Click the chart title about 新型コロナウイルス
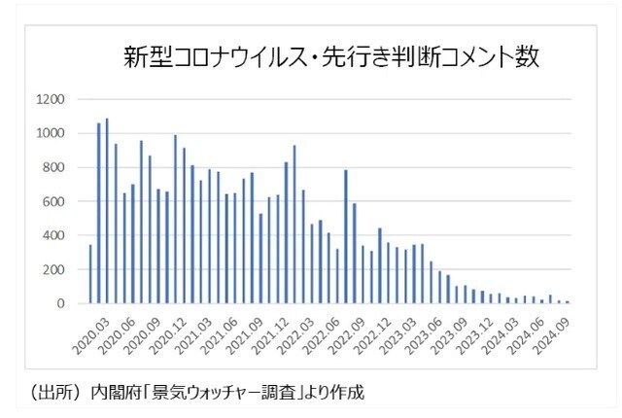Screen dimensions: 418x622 (330, 55)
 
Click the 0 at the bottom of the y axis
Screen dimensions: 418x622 (60, 304)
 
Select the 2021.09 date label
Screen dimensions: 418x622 (230, 332)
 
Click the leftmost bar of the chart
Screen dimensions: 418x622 (90, 274)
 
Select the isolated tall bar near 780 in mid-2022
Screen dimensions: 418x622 (345, 237)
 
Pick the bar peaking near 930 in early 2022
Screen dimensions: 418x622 (294, 225)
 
